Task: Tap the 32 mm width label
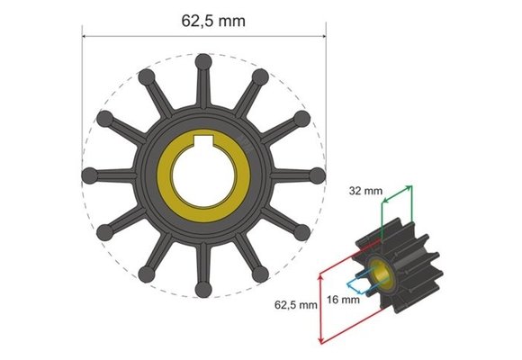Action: tap(364, 191)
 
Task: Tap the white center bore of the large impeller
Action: tap(204, 175)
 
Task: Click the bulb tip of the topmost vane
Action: tap(204, 61)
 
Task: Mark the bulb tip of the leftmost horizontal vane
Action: tap(90, 175)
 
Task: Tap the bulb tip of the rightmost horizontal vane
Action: tap(318, 175)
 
